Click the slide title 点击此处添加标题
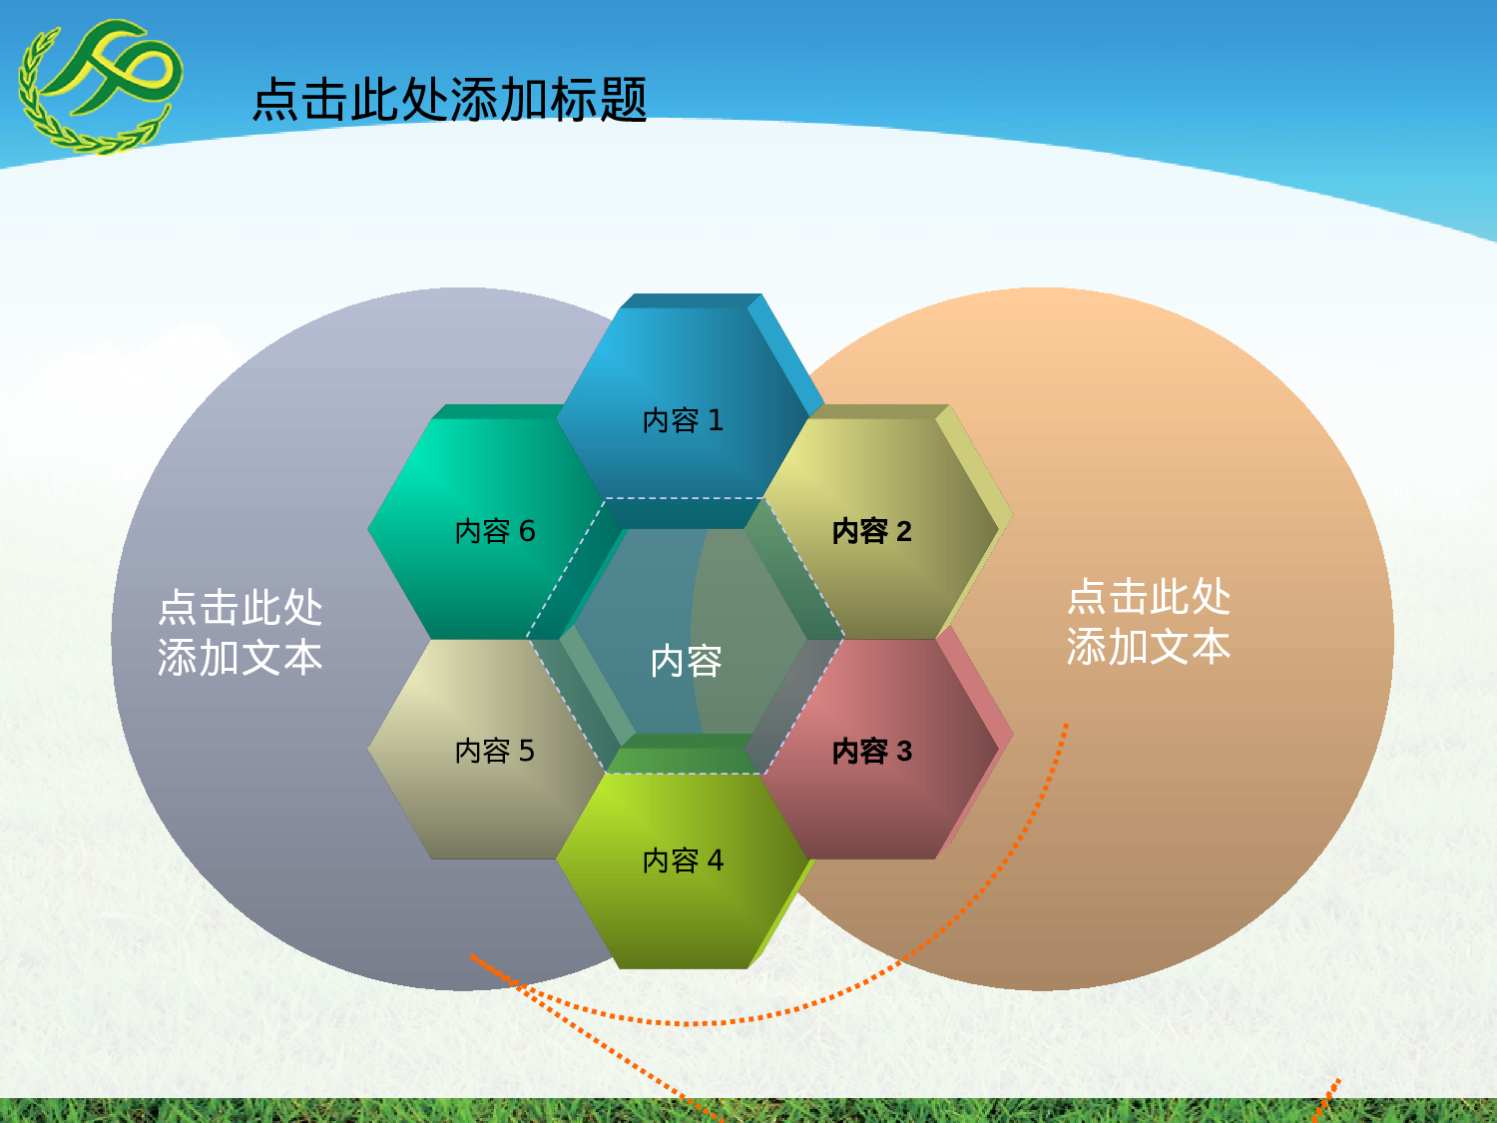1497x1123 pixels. point(449,100)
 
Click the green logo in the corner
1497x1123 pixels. point(100,85)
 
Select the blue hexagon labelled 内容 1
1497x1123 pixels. point(683,399)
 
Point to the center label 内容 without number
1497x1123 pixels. point(686,661)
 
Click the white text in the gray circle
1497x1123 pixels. point(240,633)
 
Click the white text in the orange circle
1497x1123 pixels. point(1148,622)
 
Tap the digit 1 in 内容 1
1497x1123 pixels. point(715,420)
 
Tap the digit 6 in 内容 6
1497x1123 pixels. point(527,531)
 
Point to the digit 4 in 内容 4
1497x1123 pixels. point(715,859)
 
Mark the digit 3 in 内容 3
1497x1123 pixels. point(904,751)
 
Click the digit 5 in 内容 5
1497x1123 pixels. point(526,751)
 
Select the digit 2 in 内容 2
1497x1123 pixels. point(903,531)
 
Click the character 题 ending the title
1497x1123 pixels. point(624,100)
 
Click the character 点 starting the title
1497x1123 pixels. point(275,100)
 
